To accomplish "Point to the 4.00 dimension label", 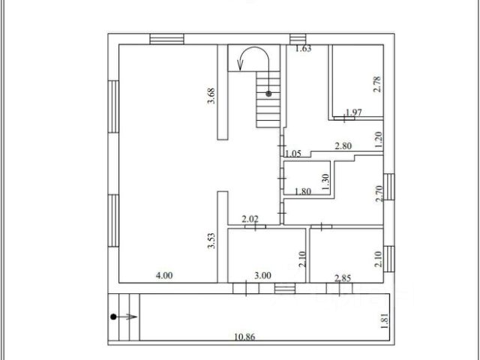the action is (163, 275).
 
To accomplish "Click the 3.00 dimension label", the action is (262, 275).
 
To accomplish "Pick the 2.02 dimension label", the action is (250, 219).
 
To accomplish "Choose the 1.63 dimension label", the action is (303, 49).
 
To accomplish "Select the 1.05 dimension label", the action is (293, 154).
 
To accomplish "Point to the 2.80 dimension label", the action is (343, 145).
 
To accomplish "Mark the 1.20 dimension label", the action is (379, 137).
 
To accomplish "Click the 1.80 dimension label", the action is (303, 191).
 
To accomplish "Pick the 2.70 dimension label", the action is (379, 195).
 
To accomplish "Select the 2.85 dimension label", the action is (343, 278).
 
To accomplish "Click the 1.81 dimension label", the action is (385, 319).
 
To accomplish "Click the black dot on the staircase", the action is (268, 94).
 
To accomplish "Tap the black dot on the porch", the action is (113, 316).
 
